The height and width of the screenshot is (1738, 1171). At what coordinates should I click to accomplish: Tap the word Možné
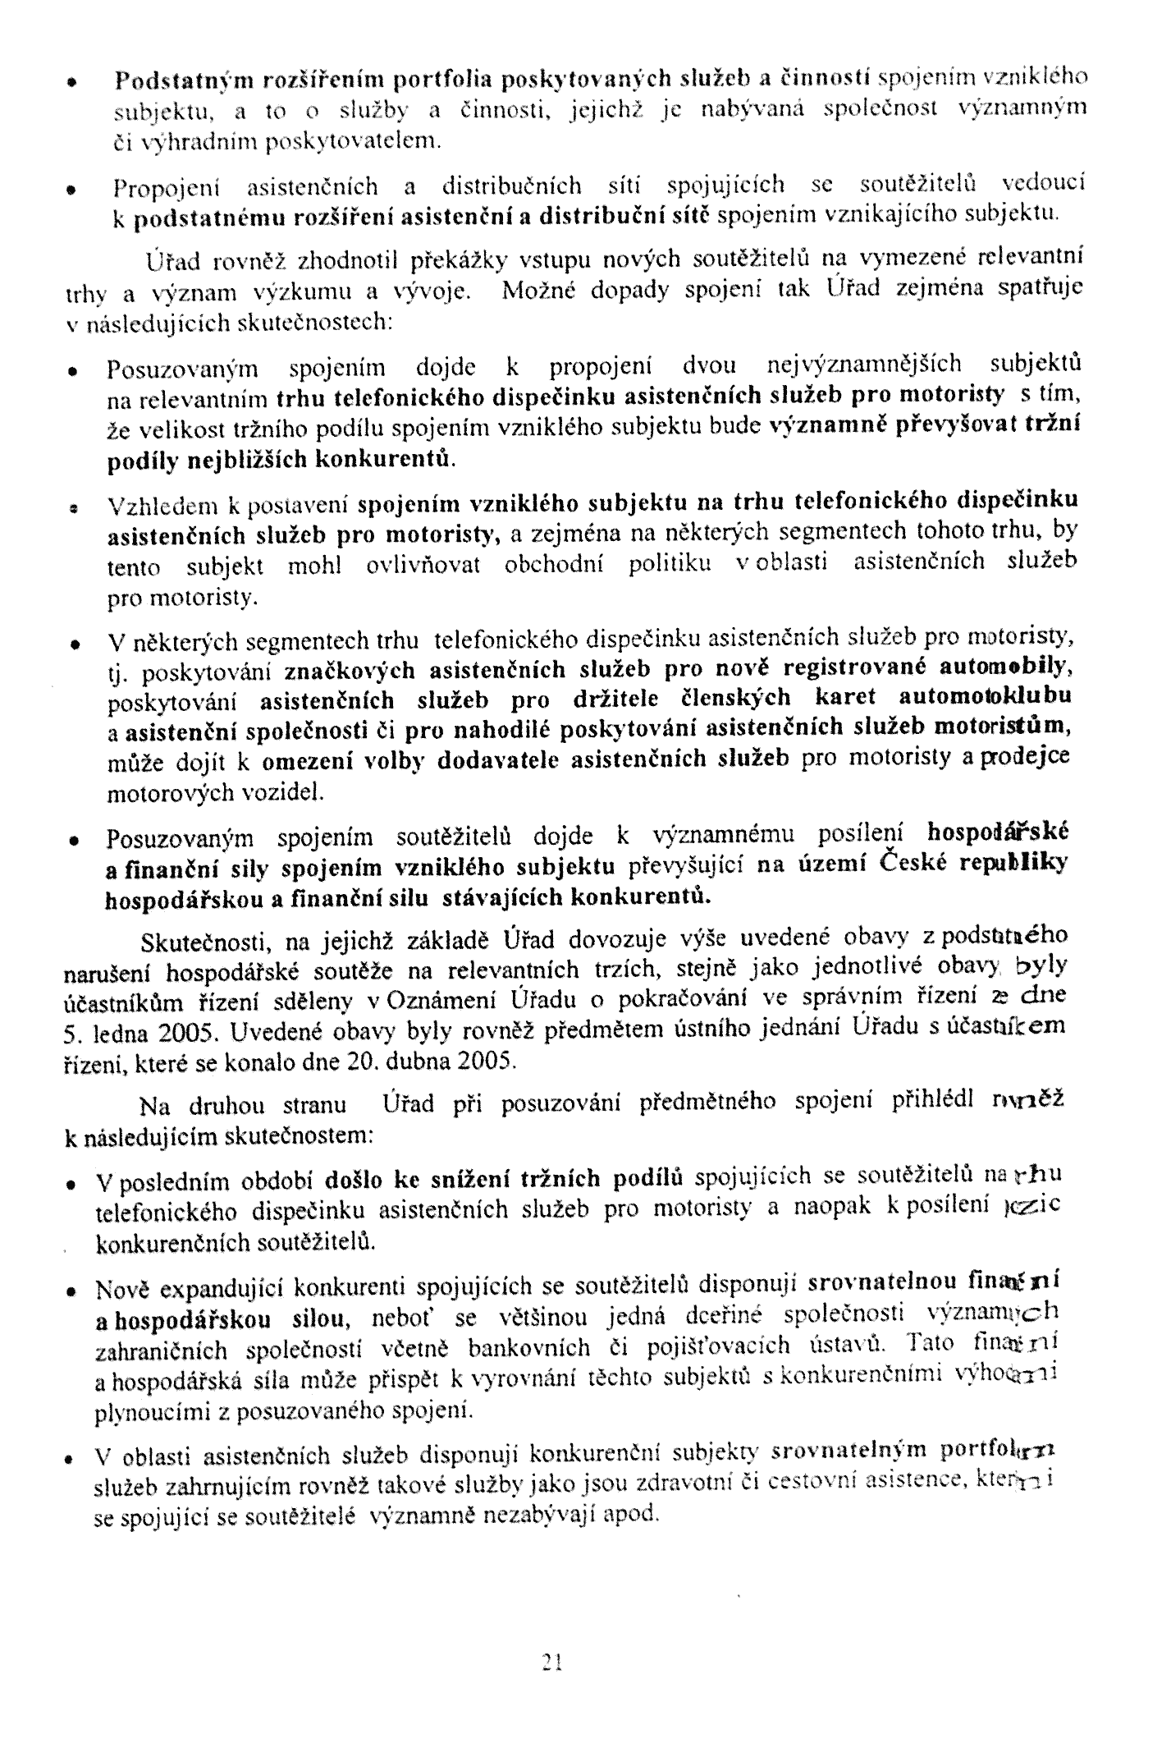(x=536, y=291)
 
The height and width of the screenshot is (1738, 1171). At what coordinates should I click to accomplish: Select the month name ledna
(x=117, y=1032)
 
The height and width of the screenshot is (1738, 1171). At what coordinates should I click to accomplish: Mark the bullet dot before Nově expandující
(x=73, y=1292)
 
